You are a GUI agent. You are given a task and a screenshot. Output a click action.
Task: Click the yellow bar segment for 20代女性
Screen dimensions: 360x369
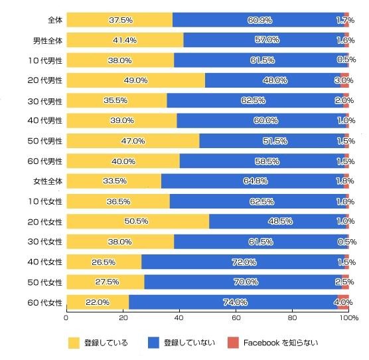[x=138, y=221]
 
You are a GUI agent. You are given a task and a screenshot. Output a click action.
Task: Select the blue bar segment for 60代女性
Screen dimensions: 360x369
[x=233, y=302]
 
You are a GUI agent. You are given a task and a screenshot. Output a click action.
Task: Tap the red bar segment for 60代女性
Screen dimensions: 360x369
[x=343, y=302]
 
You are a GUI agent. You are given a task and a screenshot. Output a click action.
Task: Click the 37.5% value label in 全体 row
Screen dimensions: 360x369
[x=120, y=20]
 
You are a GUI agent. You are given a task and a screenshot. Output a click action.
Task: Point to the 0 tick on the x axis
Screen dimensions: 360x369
[x=66, y=319]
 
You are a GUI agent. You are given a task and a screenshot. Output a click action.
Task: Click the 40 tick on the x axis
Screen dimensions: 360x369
[x=179, y=319]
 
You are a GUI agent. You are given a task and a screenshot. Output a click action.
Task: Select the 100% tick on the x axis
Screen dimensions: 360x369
[x=348, y=319]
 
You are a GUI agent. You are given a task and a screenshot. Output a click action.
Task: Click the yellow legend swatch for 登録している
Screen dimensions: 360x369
[x=74, y=343]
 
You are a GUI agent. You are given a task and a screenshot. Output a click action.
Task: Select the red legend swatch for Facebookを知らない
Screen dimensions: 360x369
[x=233, y=343]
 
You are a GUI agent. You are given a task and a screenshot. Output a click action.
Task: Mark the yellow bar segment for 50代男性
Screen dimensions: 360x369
[x=133, y=141]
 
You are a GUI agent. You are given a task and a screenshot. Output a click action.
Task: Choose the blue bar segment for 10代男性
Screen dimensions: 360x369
[x=259, y=60]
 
